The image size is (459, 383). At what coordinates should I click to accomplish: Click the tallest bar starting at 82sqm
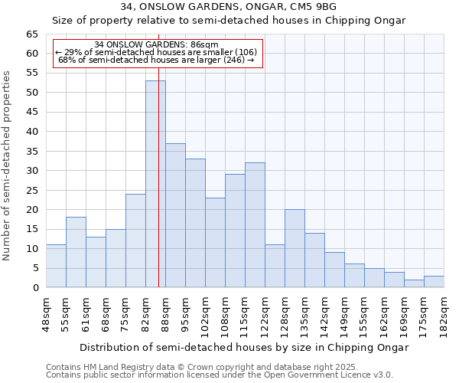click(x=155, y=184)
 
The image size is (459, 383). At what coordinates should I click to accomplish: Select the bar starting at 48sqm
click(x=56, y=266)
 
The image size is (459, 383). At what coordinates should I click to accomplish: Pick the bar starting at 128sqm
click(x=295, y=248)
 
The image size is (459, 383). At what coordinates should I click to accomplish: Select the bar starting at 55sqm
click(x=76, y=252)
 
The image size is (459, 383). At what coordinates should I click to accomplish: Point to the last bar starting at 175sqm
click(x=434, y=281)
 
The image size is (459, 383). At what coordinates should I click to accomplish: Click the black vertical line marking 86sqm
click(x=158, y=230)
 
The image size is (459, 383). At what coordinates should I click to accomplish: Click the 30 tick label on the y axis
click(x=32, y=171)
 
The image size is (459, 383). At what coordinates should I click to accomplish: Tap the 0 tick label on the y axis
click(x=35, y=288)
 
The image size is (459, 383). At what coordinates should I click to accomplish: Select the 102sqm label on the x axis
click(x=206, y=313)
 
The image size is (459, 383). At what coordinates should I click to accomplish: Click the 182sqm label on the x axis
click(x=444, y=313)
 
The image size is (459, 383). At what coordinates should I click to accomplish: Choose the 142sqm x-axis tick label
click(x=325, y=313)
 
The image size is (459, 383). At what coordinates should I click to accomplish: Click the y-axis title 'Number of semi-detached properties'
click(x=8, y=165)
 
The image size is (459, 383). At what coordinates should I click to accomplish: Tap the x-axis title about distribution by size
click(x=245, y=347)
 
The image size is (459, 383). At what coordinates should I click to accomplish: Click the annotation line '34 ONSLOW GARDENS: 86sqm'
click(x=156, y=44)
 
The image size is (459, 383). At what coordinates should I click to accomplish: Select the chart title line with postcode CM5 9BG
click(x=229, y=7)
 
